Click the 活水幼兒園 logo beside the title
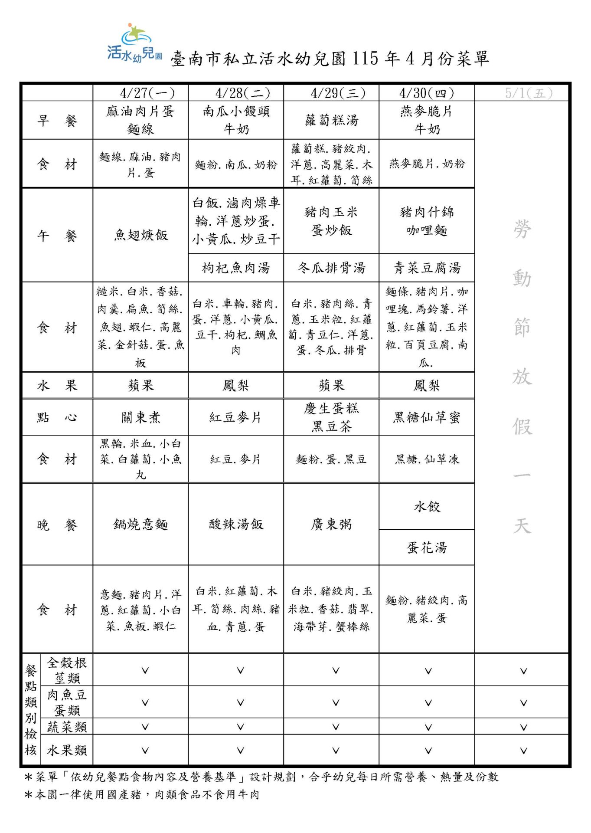tap(134, 43)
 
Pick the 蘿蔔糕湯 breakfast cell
tap(332, 120)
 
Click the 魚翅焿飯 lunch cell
tap(140, 235)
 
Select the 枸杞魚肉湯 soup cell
tap(236, 268)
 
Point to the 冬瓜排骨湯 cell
tap(332, 268)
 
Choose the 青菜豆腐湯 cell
tap(427, 268)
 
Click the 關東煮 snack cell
tap(140, 417)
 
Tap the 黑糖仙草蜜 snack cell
tap(427, 417)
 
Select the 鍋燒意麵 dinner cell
tap(140, 525)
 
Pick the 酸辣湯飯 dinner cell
tap(236, 525)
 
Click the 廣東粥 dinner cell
tap(332, 525)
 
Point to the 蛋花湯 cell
tap(427, 548)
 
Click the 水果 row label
tap(57, 385)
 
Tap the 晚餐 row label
tap(57, 525)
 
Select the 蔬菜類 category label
tap(67, 727)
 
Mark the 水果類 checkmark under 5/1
tap(523, 751)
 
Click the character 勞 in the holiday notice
tap(522, 229)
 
